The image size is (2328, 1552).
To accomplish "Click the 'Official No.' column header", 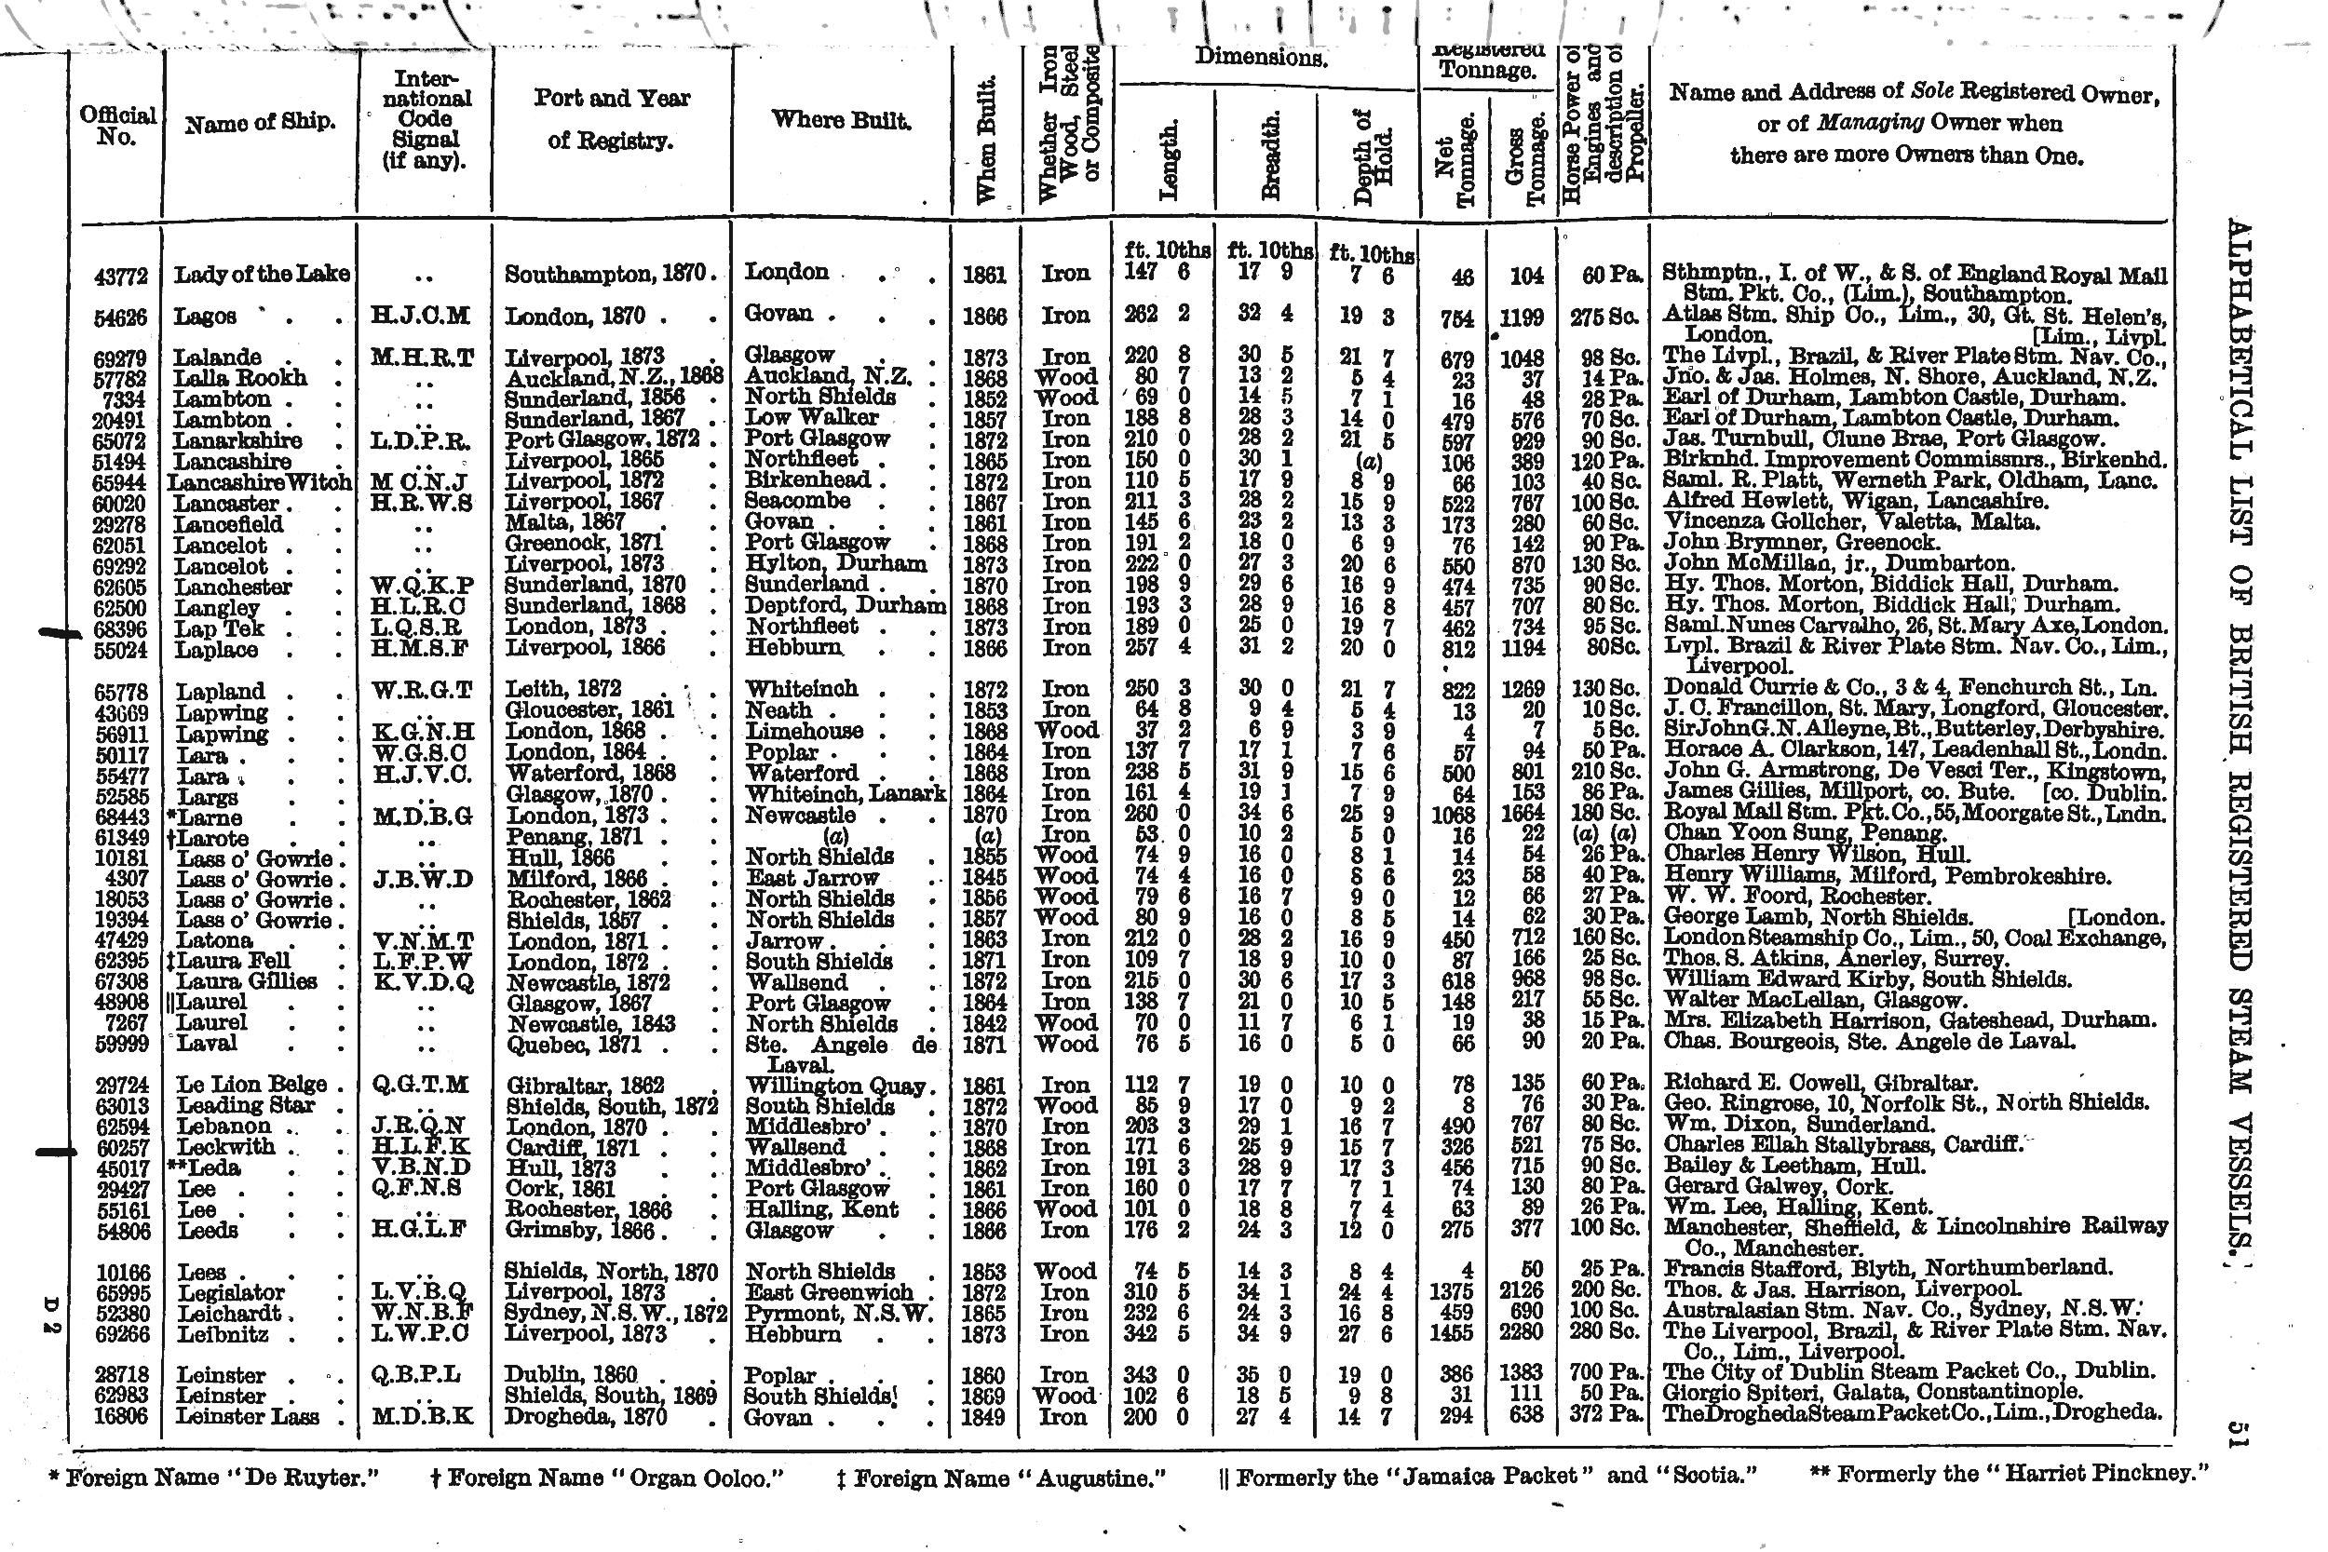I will [x=116, y=126].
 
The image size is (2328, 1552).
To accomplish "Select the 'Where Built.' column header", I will [x=840, y=121].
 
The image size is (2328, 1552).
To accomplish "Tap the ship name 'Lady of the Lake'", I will [x=262, y=274].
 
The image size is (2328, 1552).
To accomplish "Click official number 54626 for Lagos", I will [x=120, y=317].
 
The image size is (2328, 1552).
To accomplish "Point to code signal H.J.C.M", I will [x=420, y=316].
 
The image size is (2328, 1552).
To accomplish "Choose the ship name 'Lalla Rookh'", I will [x=239, y=378].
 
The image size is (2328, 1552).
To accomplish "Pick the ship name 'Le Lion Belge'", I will [x=251, y=1085].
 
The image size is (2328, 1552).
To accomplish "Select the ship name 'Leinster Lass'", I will [x=248, y=1417].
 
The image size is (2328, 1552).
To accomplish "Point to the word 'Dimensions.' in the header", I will [x=1260, y=58].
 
